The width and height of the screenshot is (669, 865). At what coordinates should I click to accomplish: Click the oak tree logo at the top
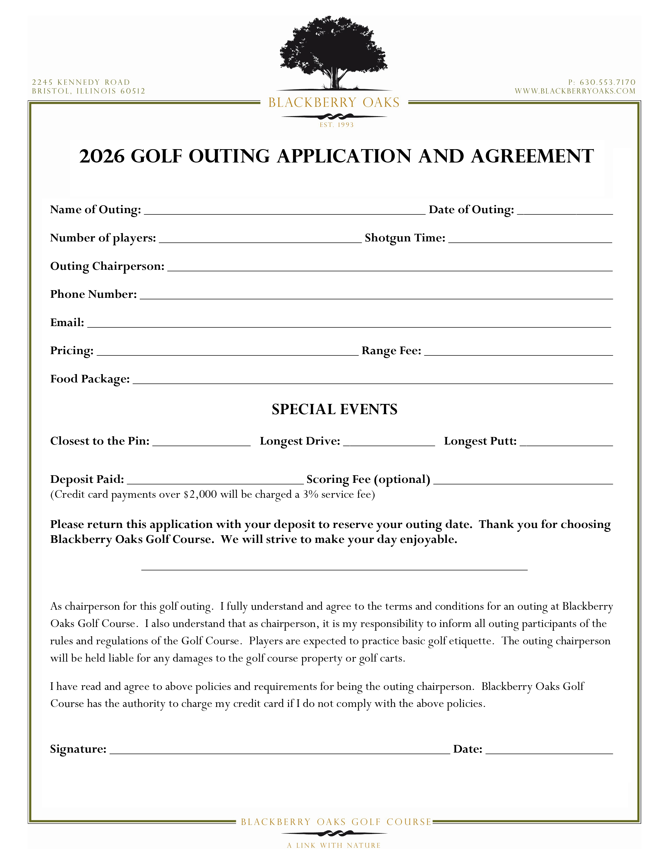point(334,53)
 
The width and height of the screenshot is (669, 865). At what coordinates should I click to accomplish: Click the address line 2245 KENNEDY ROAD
point(81,82)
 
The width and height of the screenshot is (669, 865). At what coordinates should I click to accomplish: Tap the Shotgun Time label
point(405,238)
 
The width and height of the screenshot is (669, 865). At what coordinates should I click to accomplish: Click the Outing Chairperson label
point(107,266)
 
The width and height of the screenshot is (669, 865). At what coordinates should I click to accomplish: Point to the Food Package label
point(90,379)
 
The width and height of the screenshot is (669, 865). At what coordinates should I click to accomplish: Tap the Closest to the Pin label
point(100,441)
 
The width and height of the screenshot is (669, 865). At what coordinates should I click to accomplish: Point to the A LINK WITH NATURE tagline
point(334,846)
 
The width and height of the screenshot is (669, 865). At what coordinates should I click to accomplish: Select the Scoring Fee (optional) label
point(368,480)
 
